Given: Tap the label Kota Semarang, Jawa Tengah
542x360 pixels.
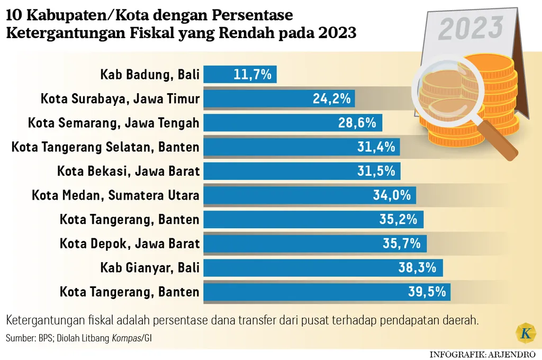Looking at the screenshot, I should (x=114, y=123).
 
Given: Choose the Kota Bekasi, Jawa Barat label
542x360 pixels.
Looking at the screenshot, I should (x=129, y=171).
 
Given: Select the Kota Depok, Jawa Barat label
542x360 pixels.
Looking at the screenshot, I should (x=130, y=244).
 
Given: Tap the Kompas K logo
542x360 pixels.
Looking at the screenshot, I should (x=525, y=334).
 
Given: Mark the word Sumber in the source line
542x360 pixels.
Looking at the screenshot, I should (x=20, y=337).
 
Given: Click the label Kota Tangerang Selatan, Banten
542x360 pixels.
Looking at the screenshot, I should (x=105, y=147).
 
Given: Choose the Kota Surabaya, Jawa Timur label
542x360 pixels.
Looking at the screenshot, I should (x=120, y=98).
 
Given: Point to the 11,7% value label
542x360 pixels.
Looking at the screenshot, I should (x=252, y=75).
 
